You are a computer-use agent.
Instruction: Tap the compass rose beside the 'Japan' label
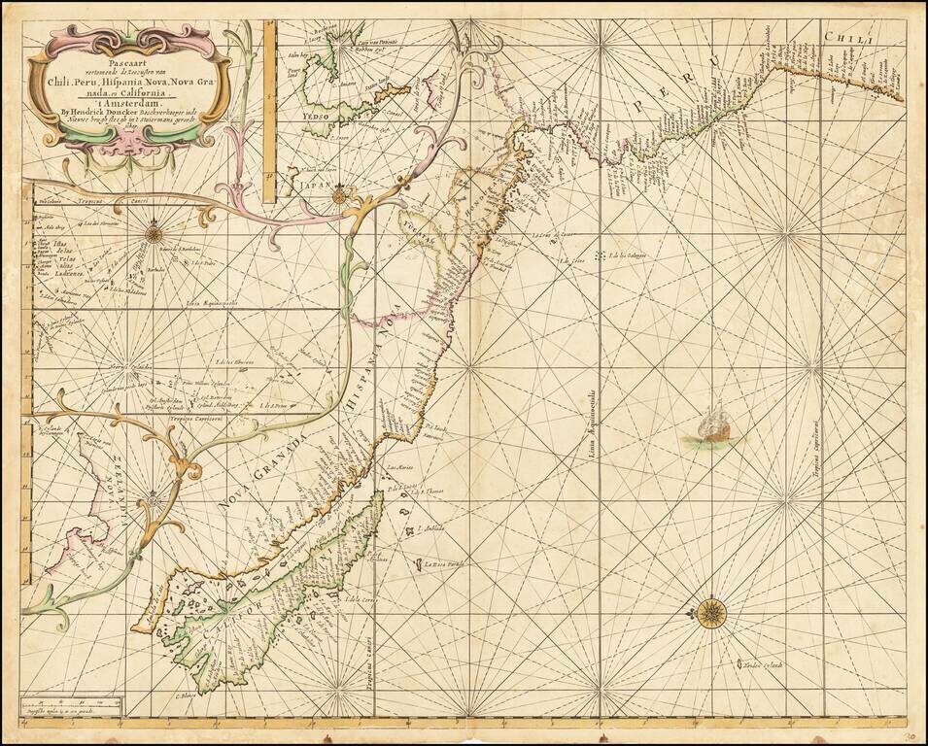(x=338, y=196)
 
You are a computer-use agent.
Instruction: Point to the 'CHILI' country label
(x=849, y=40)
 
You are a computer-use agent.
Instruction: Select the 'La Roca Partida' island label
(x=445, y=563)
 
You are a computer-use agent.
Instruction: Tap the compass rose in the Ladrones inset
(x=154, y=231)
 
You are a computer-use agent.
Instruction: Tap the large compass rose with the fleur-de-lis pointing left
(x=711, y=612)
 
